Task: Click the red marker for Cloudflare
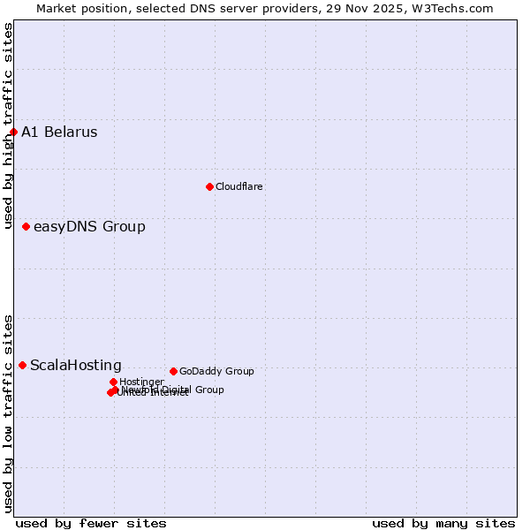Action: pyautogui.click(x=209, y=186)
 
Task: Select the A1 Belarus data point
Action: pyautogui.click(x=13, y=132)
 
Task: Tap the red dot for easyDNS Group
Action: pyautogui.click(x=26, y=227)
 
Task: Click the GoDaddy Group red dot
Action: pyautogui.click(x=173, y=371)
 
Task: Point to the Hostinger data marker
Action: pyautogui.click(x=113, y=382)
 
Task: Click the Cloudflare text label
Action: pyautogui.click(x=239, y=186)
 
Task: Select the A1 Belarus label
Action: pyautogui.click(x=59, y=132)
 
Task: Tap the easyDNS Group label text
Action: pyautogui.click(x=89, y=227)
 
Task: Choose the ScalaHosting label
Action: pyautogui.click(x=76, y=366)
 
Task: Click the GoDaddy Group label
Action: pyautogui.click(x=216, y=371)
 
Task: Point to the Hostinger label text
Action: pyautogui.click(x=141, y=382)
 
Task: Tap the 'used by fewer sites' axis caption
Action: pyautogui.click(x=91, y=523)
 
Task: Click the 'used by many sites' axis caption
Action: pyautogui.click(x=443, y=523)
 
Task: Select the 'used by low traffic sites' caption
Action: pyautogui.click(x=8, y=413)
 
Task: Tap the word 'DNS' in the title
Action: pyautogui.click(x=205, y=8)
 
